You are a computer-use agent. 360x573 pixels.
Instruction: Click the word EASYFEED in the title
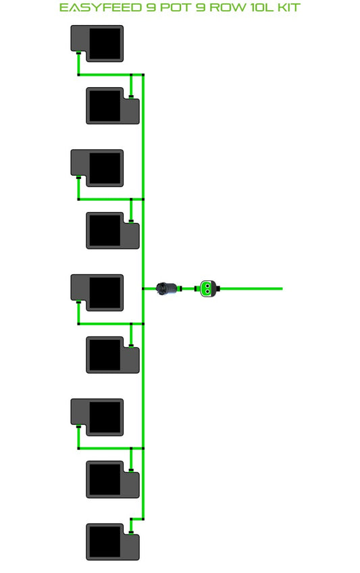coord(101,7)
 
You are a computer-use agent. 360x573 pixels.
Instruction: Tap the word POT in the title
coord(176,7)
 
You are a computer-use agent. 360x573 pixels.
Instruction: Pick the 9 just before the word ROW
coord(200,7)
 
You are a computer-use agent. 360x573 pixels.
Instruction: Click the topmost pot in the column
coord(97,43)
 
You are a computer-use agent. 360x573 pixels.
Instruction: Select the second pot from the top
coord(112,105)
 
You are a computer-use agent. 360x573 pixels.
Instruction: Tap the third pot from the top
coord(97,168)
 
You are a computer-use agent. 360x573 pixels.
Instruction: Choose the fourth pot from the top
coord(112,230)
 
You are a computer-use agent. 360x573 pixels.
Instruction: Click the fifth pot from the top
coord(97,293)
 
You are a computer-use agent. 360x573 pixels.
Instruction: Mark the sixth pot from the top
coord(112,355)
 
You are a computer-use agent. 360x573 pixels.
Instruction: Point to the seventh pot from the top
coord(97,418)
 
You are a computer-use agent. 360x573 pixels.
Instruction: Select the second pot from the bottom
coord(112,480)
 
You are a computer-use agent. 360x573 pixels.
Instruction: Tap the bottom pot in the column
coord(112,542)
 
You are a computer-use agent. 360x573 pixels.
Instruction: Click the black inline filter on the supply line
coord(166,289)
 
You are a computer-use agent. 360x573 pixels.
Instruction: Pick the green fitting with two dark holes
coord(207,289)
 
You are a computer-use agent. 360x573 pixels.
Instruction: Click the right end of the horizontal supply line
coord(282,289)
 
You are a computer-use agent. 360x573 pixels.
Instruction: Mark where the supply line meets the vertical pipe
coord(143,289)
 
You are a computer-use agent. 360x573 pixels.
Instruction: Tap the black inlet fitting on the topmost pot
coord(78,53)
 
